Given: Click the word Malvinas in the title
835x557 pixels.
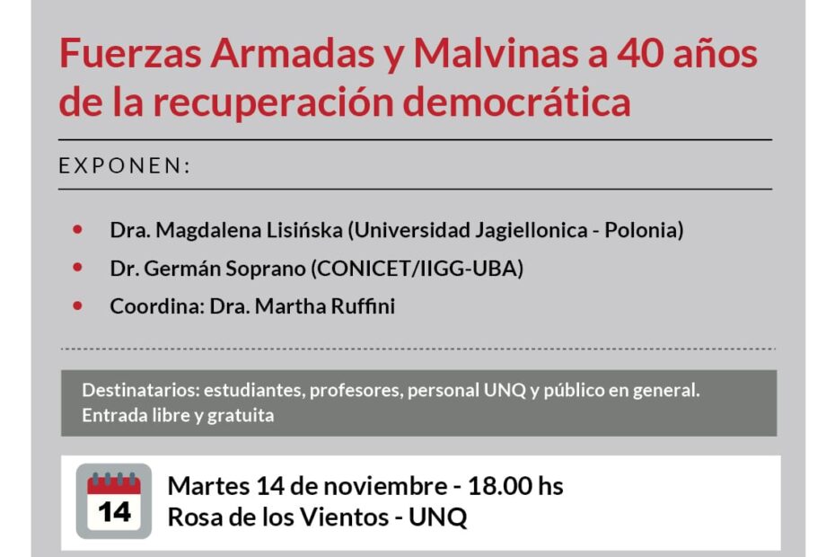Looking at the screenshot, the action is coord(496,54).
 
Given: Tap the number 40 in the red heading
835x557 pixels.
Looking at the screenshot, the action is coord(638,54).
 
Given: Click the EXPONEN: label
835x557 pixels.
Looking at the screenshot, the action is coord(125,166).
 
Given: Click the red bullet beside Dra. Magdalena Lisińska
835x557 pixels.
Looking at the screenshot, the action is coord(78,230).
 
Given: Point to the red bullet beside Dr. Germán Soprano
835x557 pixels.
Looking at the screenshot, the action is coord(78,268).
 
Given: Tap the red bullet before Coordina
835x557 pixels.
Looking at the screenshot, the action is coord(78,306).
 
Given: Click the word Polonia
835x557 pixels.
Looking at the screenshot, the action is coord(644,230).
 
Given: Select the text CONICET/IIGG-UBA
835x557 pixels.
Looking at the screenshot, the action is coord(417,268).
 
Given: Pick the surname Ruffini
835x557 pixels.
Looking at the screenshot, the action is coord(364,306).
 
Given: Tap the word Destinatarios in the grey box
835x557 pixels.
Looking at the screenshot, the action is coord(141,390).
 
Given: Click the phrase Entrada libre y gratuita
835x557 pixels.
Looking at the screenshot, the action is coord(178,415).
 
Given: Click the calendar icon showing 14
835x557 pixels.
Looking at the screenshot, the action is coord(114,501).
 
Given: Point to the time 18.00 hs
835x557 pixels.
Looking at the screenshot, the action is coord(515,485).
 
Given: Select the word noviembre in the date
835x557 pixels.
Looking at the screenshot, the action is coord(385,485).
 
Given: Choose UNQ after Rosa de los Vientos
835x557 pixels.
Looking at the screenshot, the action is coord(438,517).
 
